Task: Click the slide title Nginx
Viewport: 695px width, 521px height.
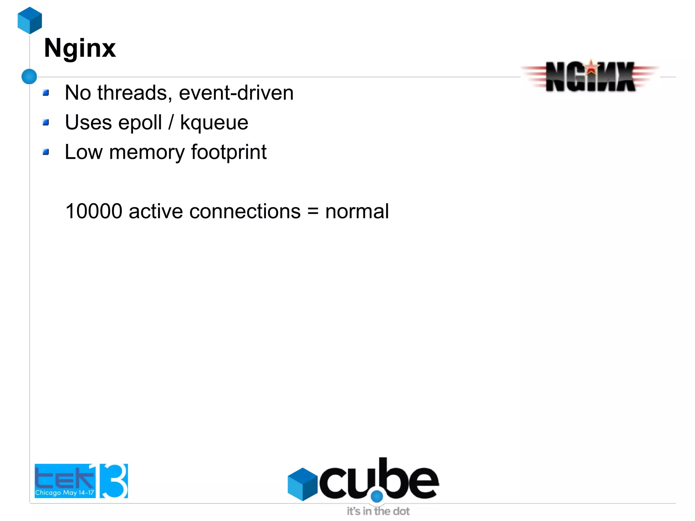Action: [80, 49]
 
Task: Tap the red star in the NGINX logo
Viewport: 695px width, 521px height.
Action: [591, 67]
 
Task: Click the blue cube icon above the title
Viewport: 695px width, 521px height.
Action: [30, 20]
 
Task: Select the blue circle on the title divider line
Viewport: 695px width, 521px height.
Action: [29, 76]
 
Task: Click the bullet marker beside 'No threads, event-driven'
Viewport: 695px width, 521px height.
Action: [46, 93]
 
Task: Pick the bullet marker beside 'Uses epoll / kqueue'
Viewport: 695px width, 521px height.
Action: [46, 122]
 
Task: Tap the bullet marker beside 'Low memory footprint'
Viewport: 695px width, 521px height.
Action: [46, 152]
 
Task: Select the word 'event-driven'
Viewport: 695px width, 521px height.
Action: [236, 93]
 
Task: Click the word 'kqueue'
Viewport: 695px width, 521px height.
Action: [214, 123]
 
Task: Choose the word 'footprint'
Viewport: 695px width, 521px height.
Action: [229, 152]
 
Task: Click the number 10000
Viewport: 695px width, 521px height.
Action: [94, 211]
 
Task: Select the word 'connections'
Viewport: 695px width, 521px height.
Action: [245, 211]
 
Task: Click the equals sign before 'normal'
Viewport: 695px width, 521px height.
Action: [313, 212]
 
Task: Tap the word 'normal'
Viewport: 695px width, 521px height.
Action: [357, 211]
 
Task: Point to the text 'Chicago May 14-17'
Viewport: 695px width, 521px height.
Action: [64, 492]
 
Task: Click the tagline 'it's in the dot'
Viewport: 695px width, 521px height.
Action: [378, 511]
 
